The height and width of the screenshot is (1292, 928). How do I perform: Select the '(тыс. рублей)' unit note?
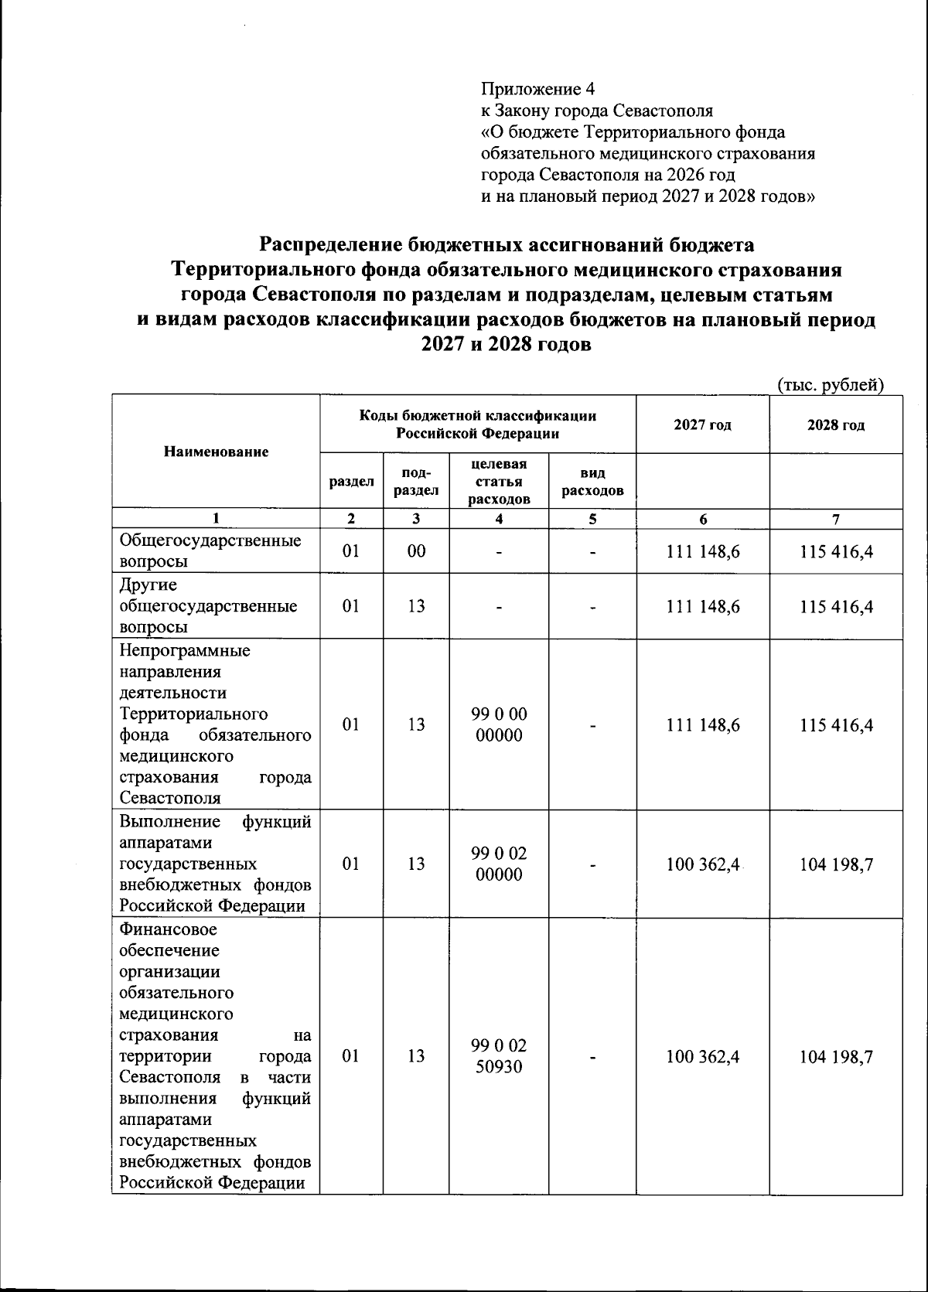coord(829,384)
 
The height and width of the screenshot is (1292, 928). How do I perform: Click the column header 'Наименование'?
coord(216,452)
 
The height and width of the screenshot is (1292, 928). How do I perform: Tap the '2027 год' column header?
coord(702,424)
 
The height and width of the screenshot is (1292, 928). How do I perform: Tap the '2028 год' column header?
coord(835,424)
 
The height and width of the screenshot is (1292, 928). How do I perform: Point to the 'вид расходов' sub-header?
coord(592,482)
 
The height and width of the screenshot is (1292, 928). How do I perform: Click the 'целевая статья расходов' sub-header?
coord(499,482)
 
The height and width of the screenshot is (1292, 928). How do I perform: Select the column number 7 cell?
coord(835,520)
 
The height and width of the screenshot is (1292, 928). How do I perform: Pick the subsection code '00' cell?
coord(416,551)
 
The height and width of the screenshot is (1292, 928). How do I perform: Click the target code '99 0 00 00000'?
coord(499,724)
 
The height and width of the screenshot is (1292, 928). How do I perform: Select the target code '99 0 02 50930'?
coord(499,1056)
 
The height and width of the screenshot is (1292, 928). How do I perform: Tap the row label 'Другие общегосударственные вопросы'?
coord(209,606)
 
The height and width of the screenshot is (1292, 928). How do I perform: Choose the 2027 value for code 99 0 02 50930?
coord(702,1056)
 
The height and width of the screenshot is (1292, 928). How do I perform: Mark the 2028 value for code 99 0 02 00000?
coord(837,864)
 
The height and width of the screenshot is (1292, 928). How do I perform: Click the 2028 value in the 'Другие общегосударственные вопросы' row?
coord(837,607)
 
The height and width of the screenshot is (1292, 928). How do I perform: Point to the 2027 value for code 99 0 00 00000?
coord(702,725)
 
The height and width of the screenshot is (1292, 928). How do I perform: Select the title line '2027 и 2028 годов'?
coord(506,345)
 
